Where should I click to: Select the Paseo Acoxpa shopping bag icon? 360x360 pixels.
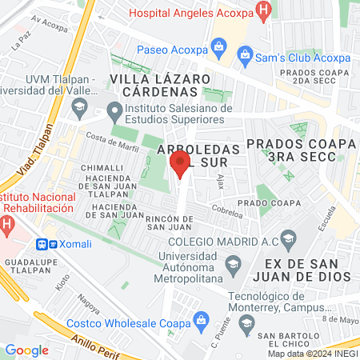coord(218,48)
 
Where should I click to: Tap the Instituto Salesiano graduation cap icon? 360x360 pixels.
coord(115,109)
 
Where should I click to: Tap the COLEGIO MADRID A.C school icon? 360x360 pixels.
coord(289,238)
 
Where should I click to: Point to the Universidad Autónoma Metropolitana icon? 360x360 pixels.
coord(234,264)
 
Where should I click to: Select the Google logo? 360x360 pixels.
coord(26,350)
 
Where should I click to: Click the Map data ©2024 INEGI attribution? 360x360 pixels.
coord(312,354)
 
